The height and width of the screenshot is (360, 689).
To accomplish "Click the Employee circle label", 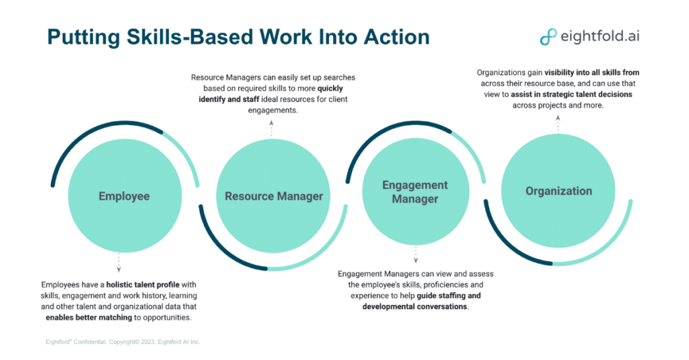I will point(124,196).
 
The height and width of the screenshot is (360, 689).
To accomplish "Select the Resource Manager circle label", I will point(274,196).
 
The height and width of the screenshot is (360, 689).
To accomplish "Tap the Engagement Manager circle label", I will point(415,192).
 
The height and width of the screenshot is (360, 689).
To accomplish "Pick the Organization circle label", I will point(558,191).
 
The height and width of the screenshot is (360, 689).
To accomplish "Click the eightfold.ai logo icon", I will point(548,36).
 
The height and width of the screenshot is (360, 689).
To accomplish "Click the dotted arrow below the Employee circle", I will point(119,262).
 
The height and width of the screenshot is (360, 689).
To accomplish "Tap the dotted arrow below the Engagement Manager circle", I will point(415,254).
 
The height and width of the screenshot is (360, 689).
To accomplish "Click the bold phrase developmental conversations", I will point(414,306).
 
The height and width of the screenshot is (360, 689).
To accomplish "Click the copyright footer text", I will point(118,342).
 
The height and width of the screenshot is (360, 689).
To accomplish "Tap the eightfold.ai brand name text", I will point(600,36).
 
